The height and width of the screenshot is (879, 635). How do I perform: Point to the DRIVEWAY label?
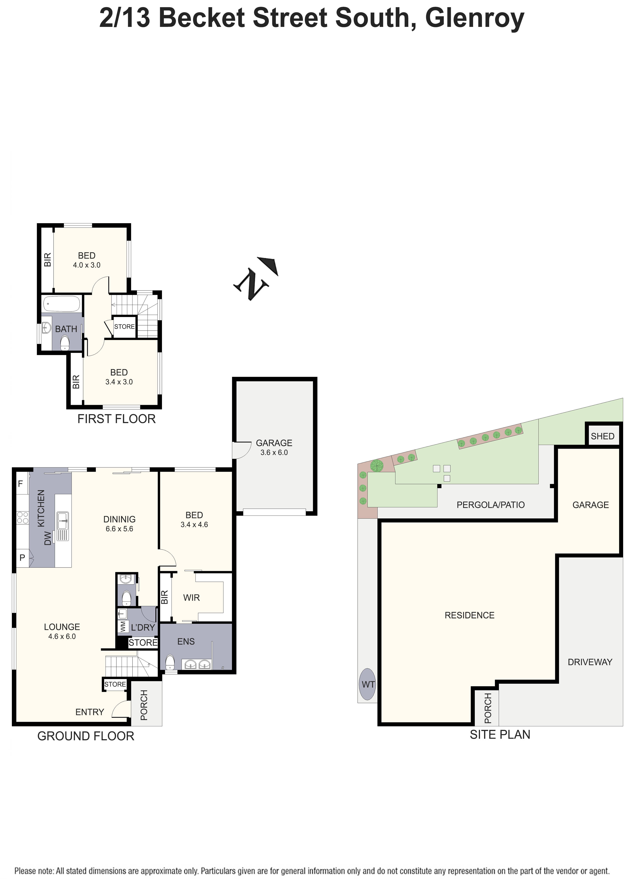(x=590, y=662)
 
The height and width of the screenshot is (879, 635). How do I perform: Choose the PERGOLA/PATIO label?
(x=490, y=505)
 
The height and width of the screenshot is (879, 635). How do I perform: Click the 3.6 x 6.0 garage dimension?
(x=274, y=452)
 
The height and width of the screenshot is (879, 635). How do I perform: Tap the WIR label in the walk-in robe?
(x=191, y=598)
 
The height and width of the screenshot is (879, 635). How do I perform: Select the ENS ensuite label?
(x=186, y=641)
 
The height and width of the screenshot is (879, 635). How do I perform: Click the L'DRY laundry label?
(x=143, y=627)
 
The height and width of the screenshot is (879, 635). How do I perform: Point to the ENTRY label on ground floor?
(x=90, y=712)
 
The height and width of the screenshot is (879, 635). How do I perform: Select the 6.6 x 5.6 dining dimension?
(x=119, y=529)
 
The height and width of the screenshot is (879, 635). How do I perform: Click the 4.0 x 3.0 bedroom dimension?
(x=87, y=265)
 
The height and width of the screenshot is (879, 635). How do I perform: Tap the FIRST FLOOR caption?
(x=116, y=419)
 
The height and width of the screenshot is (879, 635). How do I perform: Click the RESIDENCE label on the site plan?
(x=469, y=615)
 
